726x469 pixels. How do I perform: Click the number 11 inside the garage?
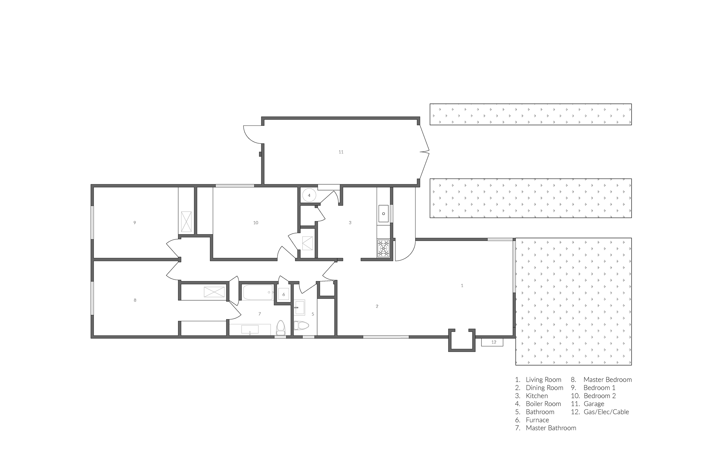(x=341, y=152)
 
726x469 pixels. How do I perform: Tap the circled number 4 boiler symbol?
(x=309, y=195)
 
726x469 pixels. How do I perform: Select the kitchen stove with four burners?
(x=383, y=248)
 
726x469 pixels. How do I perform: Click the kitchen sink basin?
(x=383, y=214)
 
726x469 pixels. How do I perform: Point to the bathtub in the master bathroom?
(x=258, y=292)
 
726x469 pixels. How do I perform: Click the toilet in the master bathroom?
(x=280, y=328)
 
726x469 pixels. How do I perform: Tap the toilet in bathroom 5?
(x=301, y=326)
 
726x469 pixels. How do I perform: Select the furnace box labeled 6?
(x=284, y=295)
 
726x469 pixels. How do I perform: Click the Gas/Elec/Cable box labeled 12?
(x=492, y=342)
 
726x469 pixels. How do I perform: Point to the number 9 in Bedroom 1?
(x=134, y=223)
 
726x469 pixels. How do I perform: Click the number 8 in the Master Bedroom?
(x=135, y=300)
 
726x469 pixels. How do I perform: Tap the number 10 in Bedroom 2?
(x=256, y=223)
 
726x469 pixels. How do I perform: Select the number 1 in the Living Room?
(x=462, y=285)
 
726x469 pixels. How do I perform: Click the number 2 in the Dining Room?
(x=377, y=306)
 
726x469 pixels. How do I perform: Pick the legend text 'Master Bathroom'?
(x=551, y=428)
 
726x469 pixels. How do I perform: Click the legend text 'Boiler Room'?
(x=543, y=404)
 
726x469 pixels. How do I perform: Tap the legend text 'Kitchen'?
(x=537, y=396)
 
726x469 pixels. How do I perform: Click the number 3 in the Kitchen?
(x=350, y=223)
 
